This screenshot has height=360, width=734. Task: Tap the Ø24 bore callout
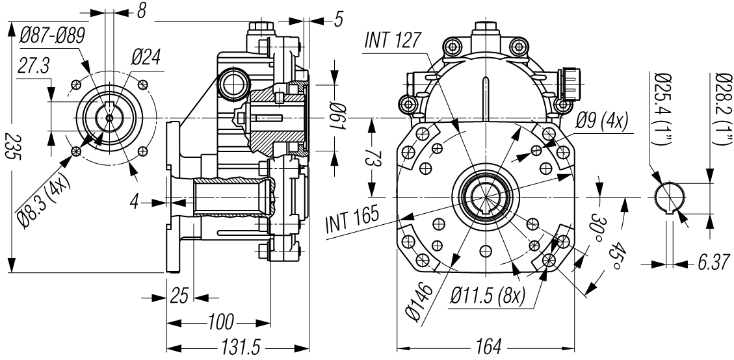(x=146, y=58)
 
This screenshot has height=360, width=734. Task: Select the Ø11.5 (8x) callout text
(x=488, y=297)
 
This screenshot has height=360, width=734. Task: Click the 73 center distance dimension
(x=371, y=157)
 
